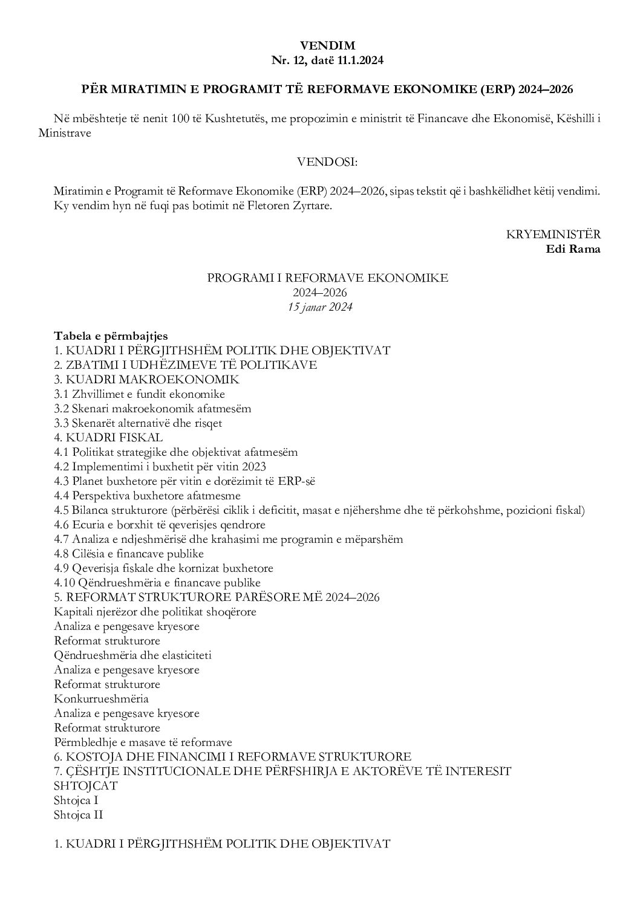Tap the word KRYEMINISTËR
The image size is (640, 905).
coord(553,235)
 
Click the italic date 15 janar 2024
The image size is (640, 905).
coord(320,307)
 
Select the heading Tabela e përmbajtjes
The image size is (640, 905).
coord(111,336)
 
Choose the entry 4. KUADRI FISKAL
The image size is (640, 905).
coord(108,438)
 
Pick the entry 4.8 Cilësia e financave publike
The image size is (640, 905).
coord(129,554)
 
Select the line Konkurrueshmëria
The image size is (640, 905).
coord(101,699)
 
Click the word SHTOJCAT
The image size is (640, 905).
coord(86,786)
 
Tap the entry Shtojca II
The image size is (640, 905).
coord(79,815)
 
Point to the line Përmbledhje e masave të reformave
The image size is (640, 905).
coord(143,742)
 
